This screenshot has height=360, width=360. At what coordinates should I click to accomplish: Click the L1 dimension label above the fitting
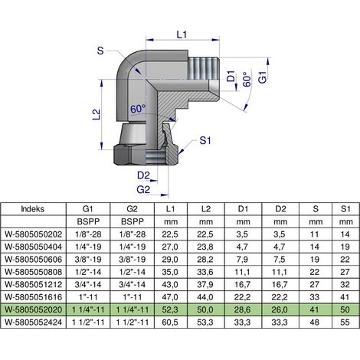point(182,34)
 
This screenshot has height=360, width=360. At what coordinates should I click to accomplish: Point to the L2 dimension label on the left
point(97,114)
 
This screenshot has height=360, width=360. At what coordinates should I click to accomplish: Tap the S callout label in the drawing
point(100,51)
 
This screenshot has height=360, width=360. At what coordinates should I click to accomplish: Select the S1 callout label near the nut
point(205,140)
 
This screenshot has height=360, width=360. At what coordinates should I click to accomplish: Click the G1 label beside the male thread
point(262,77)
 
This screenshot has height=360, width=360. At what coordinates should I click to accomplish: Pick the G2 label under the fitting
point(143,190)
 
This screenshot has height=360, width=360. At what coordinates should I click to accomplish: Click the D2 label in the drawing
point(143,175)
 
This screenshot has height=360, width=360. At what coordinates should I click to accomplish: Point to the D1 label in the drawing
point(231,76)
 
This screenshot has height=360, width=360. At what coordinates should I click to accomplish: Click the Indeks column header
point(33,209)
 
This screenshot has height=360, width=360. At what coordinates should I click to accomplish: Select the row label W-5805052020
point(34,309)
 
